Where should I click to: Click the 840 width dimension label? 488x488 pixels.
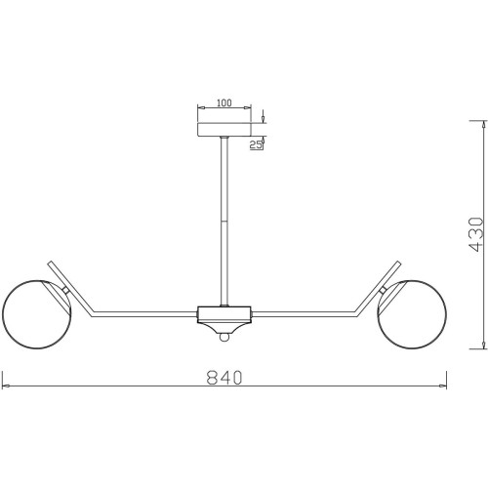coord(224,377)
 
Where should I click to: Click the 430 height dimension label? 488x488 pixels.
coord(476,234)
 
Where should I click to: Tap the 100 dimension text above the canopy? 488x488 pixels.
coord(224,102)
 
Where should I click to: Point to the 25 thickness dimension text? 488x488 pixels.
coord(256,144)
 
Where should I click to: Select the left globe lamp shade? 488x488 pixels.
coord(36,314)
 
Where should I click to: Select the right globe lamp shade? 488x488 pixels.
coord(412,314)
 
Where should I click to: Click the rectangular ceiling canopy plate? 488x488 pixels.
coord(224,129)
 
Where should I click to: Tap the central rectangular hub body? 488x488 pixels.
coord(224,314)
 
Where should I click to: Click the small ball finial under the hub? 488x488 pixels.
coord(224,337)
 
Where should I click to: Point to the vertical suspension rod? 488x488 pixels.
coord(224,222)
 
